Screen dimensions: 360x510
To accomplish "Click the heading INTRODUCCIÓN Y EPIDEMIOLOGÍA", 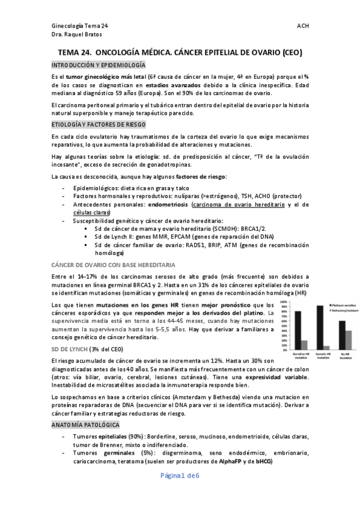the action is click(98, 65).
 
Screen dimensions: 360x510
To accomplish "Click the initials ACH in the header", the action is click(303, 26).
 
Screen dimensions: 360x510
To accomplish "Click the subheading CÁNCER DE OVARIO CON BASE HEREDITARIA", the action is click(105, 264).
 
